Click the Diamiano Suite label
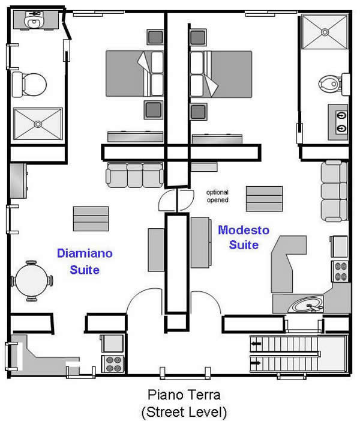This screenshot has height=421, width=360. tap(85, 261)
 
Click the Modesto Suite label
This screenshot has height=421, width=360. tap(244, 237)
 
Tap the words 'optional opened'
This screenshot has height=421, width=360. tap(217, 196)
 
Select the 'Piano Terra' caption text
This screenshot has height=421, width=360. tap(184, 395)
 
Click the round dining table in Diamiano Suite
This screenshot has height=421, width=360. tap(31, 280)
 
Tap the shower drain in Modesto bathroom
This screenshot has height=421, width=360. tap(325, 32)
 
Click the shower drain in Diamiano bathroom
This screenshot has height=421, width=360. tap(38, 124)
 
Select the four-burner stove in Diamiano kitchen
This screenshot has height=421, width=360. tap(113, 364)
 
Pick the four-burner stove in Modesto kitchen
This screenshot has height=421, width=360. tap(340, 271)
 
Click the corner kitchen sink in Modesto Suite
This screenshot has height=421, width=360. tap(307, 305)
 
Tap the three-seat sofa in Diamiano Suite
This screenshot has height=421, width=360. tap(134, 175)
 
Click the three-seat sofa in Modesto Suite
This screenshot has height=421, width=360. tap(334, 191)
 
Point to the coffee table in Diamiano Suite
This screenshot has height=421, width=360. tap(91, 219)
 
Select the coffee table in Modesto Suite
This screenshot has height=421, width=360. tap(264, 199)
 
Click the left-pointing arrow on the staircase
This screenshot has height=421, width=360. tap(256, 344)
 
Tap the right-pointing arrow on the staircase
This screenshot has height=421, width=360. tap(256, 363)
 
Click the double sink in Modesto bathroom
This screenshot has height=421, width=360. tap(338, 122)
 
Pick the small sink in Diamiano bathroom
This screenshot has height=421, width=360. tap(34, 20)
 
